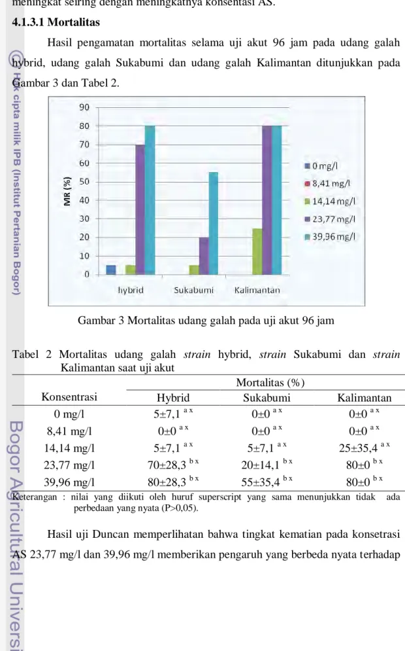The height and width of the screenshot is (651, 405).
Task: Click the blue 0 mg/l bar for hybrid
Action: pyautogui.click(x=111, y=270)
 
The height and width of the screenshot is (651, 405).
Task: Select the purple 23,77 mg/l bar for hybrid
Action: pyautogui.click(x=140, y=209)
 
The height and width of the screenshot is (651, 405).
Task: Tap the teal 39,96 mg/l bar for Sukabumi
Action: pyautogui.click(x=213, y=223)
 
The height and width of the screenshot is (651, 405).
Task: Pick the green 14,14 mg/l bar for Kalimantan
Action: pyautogui.click(x=257, y=252)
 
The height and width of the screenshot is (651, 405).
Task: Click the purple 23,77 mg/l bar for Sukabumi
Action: pyautogui.click(x=204, y=256)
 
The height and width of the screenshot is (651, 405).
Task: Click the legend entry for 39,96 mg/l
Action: pyautogui.click(x=330, y=237)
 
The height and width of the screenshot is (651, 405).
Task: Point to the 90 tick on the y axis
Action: pyautogui.click(x=84, y=107)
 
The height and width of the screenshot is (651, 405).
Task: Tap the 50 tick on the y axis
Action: pyautogui.click(x=84, y=181)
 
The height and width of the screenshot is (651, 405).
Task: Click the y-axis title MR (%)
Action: pyautogui.click(x=67, y=191)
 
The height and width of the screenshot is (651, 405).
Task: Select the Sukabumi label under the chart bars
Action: pyautogui.click(x=193, y=290)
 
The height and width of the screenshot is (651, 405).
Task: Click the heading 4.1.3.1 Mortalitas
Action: pyautogui.click(x=56, y=22)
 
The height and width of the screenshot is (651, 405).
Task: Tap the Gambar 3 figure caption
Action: pyautogui.click(x=206, y=321)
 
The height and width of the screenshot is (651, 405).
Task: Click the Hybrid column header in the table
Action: pyautogui.click(x=173, y=398)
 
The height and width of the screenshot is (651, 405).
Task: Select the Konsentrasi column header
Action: pyautogui.click(x=69, y=396)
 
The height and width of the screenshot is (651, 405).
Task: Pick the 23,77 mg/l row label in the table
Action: pyautogui.click(x=69, y=465)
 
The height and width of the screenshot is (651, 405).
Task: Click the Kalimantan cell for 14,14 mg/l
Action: pyautogui.click(x=364, y=448)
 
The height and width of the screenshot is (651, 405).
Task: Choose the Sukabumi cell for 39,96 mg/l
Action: pyautogui.click(x=267, y=482)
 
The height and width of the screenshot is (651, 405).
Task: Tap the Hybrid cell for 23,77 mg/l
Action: pyautogui.click(x=173, y=465)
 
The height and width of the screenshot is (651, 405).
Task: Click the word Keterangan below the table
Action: pyautogui.click(x=35, y=497)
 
